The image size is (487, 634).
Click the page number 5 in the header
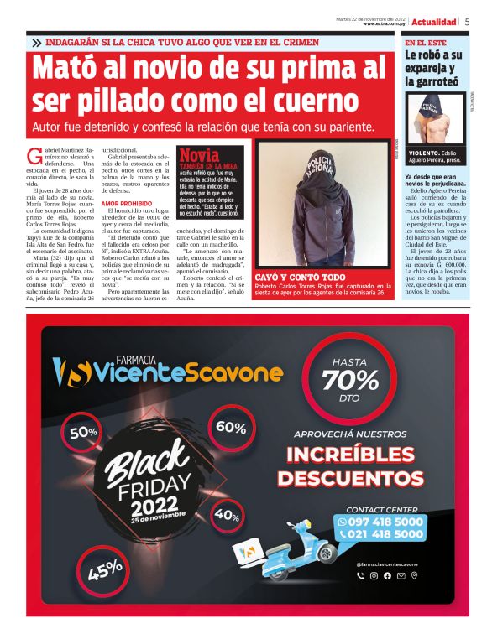point(467,22)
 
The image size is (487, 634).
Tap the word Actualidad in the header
point(434,22)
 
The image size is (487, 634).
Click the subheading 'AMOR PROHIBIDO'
point(123,204)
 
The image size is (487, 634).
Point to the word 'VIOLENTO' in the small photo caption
point(424,153)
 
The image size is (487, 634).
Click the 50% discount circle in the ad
point(83,433)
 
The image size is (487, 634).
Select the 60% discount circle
point(231,426)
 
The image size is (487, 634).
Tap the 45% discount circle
point(104,571)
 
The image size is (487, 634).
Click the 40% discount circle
point(227,515)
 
